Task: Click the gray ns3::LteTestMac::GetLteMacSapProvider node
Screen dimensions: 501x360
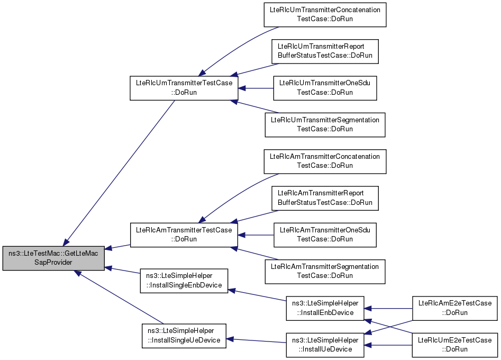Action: [53, 258]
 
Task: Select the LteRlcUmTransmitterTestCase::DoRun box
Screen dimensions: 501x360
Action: [184, 88]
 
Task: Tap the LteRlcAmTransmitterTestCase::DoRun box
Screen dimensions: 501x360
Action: [184, 235]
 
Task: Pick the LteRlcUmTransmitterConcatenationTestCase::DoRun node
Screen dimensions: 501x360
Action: [325, 15]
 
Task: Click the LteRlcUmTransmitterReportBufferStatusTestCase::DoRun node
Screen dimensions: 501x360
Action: [325, 51]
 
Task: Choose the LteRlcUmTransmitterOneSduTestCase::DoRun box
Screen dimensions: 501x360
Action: [325, 88]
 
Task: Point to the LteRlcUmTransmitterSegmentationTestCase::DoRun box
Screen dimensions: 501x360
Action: [325, 125]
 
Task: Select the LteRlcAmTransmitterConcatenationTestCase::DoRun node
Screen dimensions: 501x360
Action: [325, 161]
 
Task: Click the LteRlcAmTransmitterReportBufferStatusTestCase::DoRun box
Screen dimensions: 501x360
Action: [325, 198]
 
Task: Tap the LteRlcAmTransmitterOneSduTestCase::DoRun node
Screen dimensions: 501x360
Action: [325, 235]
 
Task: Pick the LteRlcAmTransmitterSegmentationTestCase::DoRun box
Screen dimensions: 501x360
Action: [325, 272]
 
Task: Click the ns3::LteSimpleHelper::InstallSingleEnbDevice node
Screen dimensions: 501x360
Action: [184, 281]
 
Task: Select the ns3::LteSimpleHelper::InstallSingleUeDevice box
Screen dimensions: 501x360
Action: [184, 336]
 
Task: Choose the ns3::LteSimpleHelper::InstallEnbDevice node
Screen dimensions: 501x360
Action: [325, 308]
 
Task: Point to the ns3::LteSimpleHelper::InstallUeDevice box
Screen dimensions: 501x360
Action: [325, 345]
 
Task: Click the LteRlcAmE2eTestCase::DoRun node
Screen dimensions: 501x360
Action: [454, 308]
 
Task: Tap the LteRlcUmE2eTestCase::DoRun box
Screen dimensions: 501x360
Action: [454, 345]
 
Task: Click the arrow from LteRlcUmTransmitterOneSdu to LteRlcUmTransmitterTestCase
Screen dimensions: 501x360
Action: [256, 88]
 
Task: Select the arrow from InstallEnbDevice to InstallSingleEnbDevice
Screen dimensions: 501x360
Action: [257, 295]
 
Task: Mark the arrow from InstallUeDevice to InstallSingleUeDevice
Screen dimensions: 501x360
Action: [256, 340]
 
